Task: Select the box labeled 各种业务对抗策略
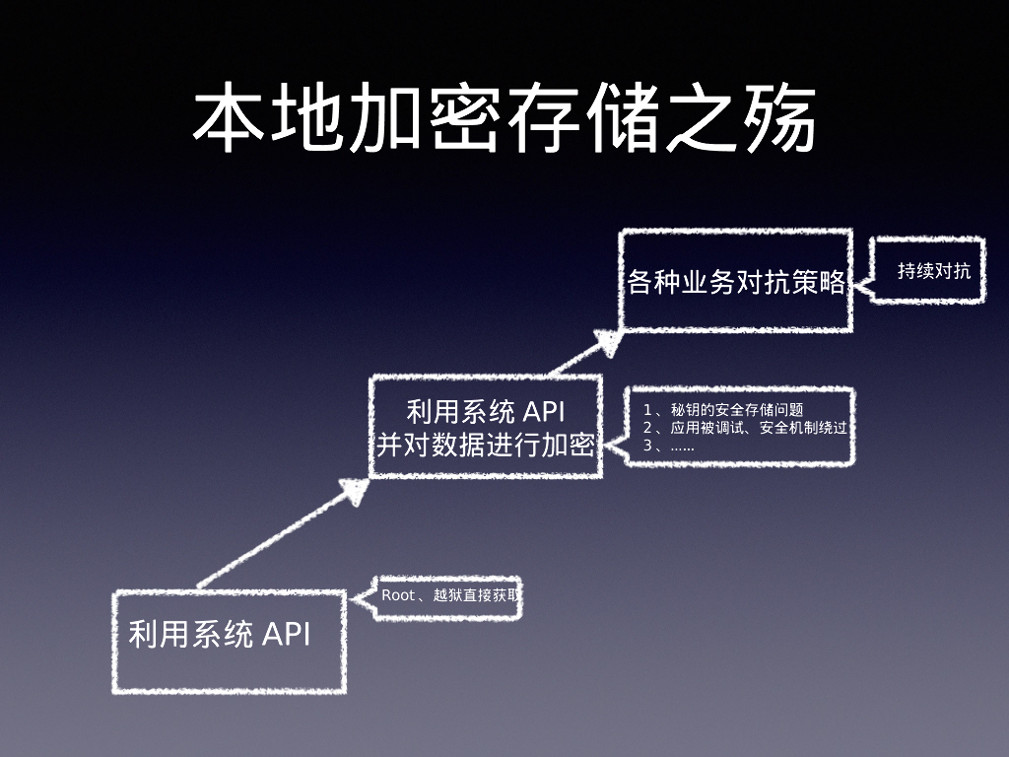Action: [736, 281]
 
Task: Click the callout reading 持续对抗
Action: [933, 270]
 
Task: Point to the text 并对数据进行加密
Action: [486, 445]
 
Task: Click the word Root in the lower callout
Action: [398, 596]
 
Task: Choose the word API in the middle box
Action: [541, 411]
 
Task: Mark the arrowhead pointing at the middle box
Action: [355, 491]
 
